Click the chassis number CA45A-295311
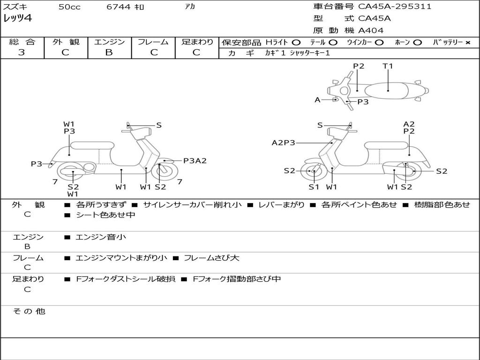tap(395, 7)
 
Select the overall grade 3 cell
tap(22, 52)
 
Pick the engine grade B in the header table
tap(109, 52)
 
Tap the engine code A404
tap(371, 30)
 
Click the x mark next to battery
tap(467, 43)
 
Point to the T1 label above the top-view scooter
tap(388, 66)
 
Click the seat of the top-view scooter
tap(388, 90)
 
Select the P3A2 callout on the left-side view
tap(195, 161)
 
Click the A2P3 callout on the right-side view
tap(284, 142)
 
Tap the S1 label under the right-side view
tap(314, 187)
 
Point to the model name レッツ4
tap(17, 19)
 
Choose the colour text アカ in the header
tap(190, 7)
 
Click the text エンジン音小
tap(101, 237)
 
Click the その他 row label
tap(29, 311)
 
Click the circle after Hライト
tap(296, 43)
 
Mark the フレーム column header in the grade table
tap(153, 42)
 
